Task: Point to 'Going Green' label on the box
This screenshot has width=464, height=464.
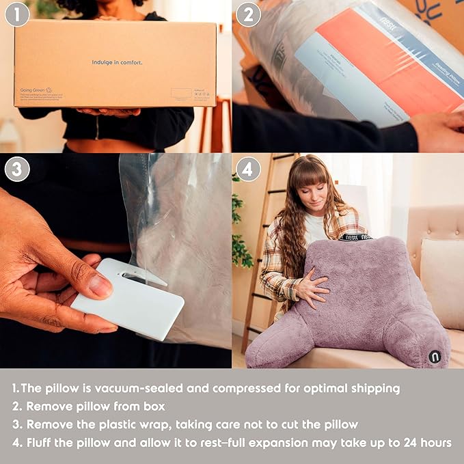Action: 31,89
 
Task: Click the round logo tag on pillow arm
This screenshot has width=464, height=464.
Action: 435,356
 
